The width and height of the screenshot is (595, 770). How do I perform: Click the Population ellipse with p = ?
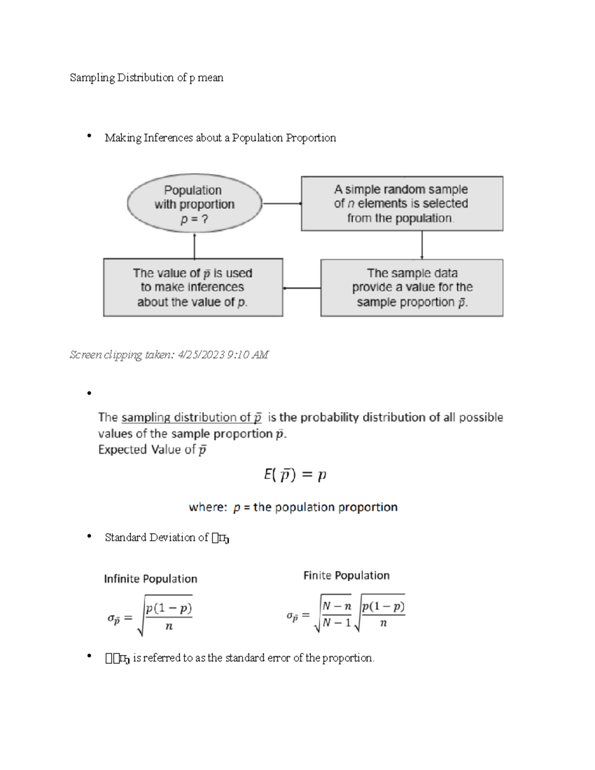tap(194, 204)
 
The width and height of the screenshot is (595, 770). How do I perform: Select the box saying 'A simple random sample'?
tap(402, 204)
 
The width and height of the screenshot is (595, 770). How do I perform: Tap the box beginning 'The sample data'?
tap(412, 288)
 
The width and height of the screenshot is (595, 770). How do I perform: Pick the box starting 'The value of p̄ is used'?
tap(193, 288)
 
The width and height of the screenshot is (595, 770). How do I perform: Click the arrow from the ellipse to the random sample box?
tap(282, 203)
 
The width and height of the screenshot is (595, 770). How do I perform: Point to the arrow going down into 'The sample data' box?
tap(422, 245)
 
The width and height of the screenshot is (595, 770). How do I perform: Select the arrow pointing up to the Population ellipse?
tap(194, 245)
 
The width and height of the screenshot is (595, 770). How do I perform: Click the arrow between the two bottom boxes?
tap(301, 288)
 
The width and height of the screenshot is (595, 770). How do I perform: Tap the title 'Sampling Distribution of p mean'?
tap(146, 78)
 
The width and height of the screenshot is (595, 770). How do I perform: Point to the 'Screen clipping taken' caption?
tap(169, 355)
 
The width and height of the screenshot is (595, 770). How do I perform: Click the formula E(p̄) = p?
tap(295, 475)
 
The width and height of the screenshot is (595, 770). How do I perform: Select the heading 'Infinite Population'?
tap(150, 579)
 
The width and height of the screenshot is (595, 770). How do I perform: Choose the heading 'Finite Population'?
tap(346, 576)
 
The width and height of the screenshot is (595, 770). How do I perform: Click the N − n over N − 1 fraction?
tap(337, 614)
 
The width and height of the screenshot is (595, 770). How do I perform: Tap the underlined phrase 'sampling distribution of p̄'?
tap(191, 418)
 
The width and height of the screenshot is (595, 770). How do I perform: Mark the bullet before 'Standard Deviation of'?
tap(89, 536)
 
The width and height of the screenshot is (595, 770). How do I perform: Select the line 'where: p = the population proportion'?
tap(293, 507)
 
